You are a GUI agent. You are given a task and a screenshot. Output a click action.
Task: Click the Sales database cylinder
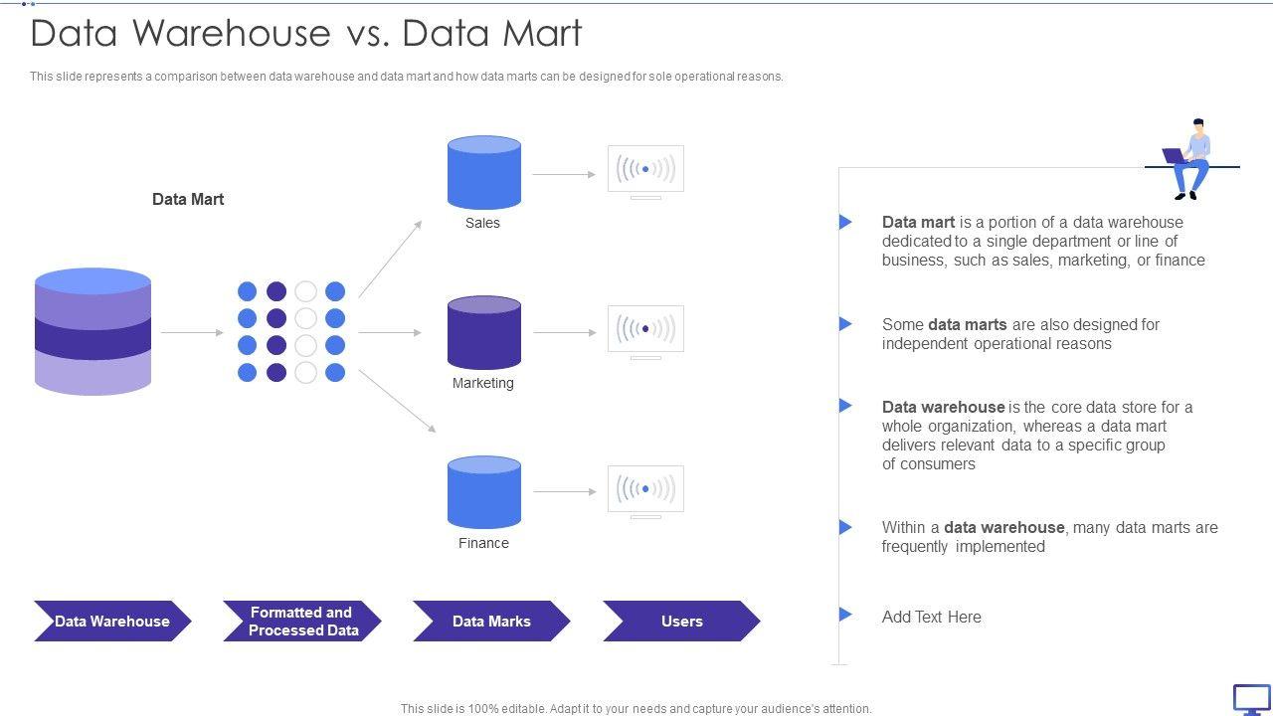coord(484,173)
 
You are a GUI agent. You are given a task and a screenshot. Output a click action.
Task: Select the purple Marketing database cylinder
coord(484,333)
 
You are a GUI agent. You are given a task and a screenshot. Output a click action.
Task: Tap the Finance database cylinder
coord(484,492)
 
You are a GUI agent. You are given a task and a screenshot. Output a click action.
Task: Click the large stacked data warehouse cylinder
coord(92,331)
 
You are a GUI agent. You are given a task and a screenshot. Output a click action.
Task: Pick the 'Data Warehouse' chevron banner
coord(111,622)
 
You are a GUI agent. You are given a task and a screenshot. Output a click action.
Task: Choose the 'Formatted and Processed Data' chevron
coord(302,622)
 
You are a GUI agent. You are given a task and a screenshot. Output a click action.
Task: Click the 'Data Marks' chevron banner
coord(491,622)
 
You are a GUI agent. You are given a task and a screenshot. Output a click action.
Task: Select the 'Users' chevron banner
coord(681,622)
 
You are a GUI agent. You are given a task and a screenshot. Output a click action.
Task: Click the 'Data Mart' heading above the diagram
coord(188,199)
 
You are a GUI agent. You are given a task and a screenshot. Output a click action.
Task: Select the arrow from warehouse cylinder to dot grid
coord(192,332)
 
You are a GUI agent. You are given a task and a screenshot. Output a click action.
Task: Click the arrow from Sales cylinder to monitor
coord(563,174)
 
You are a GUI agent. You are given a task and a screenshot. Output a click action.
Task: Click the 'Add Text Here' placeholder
coord(931,617)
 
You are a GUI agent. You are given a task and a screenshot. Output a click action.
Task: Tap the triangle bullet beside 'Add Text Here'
coord(845,615)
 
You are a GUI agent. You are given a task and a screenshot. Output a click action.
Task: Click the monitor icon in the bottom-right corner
coord(1251,699)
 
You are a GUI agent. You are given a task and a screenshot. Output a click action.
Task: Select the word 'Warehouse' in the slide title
coord(231,34)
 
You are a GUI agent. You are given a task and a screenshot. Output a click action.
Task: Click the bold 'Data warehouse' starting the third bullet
coord(943,407)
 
